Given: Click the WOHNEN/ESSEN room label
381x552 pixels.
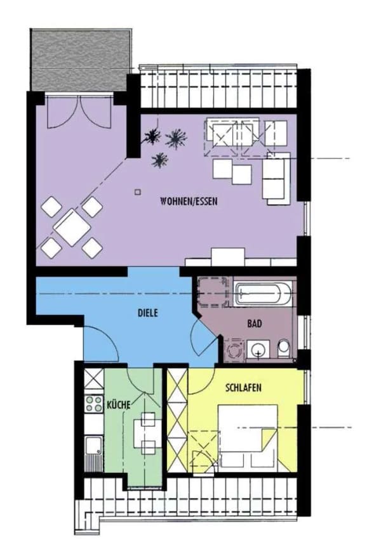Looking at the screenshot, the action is click(189, 202).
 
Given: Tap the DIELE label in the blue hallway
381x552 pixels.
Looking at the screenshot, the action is click(148, 312).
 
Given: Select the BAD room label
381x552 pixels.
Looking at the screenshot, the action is click(255, 323).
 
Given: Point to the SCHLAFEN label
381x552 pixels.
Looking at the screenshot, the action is click(243, 388).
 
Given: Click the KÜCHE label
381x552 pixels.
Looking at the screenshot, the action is click(119, 405).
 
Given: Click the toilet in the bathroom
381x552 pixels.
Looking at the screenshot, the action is click(283, 348).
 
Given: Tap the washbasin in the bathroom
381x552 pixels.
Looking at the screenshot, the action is click(258, 349).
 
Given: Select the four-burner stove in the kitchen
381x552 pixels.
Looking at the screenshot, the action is click(94, 404).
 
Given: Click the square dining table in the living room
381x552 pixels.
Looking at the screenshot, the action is click(72, 228).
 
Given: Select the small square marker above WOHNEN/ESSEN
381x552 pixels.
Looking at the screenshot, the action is click(138, 192).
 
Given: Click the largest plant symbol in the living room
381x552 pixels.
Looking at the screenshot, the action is click(175, 138).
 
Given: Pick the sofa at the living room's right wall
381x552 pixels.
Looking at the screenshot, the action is click(277, 179).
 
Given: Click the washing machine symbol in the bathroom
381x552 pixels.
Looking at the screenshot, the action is click(234, 350).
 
